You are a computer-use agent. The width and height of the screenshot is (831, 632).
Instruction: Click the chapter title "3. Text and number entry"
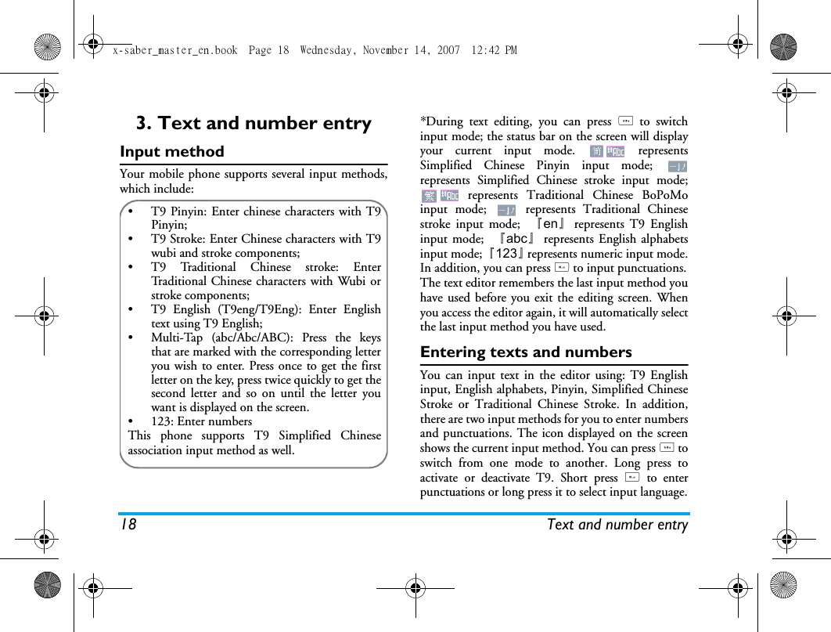pos(254,124)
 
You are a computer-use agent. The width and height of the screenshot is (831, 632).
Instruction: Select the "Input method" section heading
pos(172,152)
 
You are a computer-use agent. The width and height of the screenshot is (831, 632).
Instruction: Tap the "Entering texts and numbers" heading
pos(526,352)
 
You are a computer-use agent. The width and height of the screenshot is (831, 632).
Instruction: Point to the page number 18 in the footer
pos(128,525)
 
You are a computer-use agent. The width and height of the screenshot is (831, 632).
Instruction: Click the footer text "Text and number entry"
pos(617,525)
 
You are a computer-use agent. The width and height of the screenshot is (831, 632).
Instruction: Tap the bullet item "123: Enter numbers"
pos(201,421)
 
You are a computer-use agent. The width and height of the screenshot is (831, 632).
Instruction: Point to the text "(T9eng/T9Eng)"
pos(257,310)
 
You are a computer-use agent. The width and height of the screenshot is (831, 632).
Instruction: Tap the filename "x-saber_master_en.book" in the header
pos(174,50)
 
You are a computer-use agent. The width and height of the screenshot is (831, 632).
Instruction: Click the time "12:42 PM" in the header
pos(495,50)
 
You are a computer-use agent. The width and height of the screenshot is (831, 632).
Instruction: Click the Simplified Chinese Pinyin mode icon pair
pos(607,151)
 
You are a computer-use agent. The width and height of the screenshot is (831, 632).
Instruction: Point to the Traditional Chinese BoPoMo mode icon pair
pos(440,195)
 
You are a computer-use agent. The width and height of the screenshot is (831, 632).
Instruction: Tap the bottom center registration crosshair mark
pos(415,586)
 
